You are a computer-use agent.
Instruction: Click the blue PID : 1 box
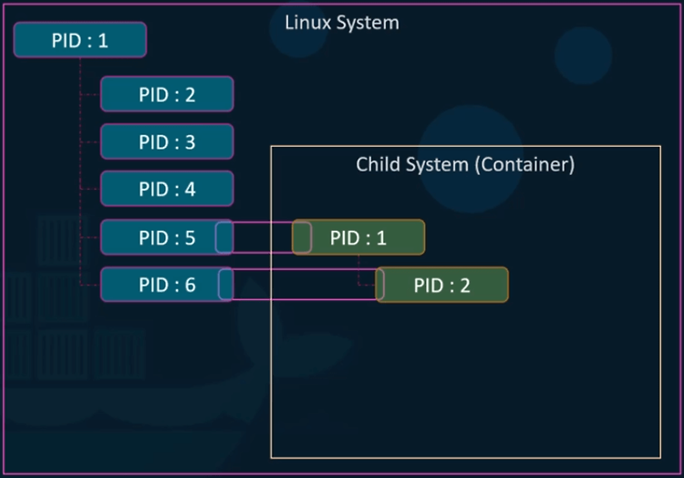point(79,40)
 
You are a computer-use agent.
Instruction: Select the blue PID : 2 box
point(167,94)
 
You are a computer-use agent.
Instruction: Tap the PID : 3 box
point(167,142)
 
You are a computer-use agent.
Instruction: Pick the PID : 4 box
point(167,190)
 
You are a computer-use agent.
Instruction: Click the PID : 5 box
point(160,237)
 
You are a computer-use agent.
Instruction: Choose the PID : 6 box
point(160,285)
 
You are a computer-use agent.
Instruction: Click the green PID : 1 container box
point(358,237)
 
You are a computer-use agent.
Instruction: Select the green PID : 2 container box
point(442,285)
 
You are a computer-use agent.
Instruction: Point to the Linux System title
point(342,22)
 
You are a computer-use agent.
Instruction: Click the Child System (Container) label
point(465,165)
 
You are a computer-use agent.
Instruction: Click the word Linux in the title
point(307,22)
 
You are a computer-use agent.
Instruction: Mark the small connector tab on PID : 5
point(224,237)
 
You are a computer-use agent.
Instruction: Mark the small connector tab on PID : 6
point(225,285)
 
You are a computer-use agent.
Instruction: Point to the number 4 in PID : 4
point(190,190)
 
